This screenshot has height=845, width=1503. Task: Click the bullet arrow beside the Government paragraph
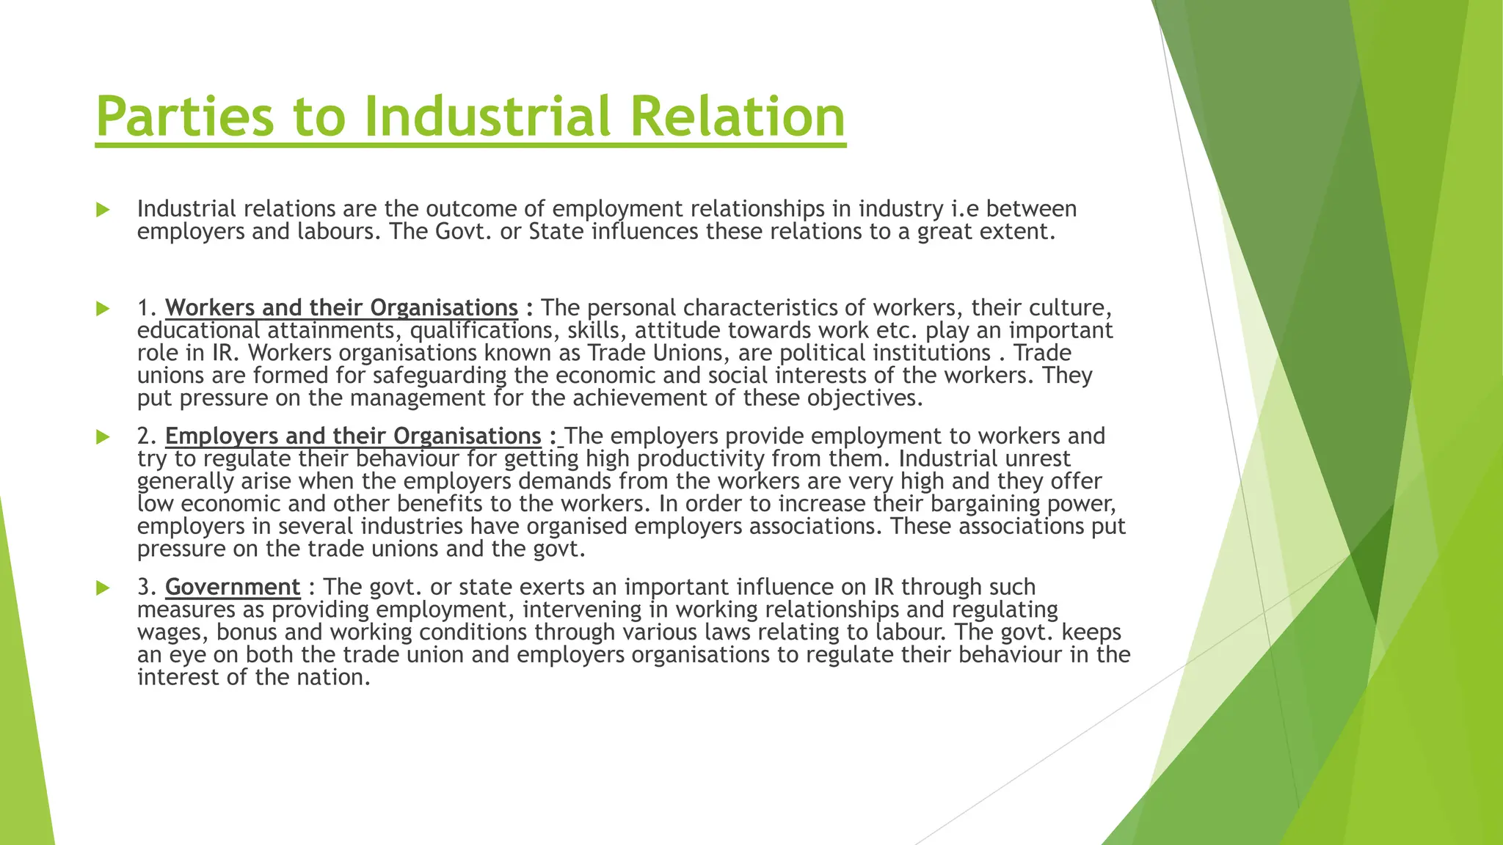click(103, 588)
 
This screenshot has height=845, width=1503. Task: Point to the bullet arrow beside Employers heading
click(103, 437)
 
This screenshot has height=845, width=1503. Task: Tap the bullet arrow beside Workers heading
click(103, 309)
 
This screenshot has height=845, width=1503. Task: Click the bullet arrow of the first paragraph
click(103, 210)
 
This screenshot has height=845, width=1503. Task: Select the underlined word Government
click(233, 588)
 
